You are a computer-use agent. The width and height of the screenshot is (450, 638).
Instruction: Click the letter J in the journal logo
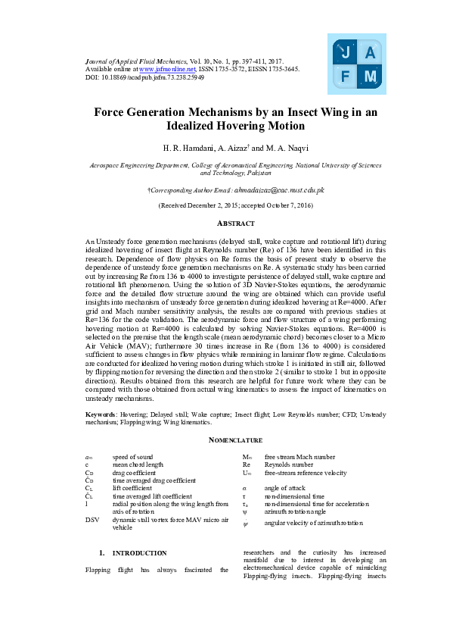click(346, 53)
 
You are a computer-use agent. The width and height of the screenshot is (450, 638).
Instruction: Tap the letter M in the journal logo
click(369, 77)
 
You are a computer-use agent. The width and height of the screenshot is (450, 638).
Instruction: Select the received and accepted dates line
click(225, 205)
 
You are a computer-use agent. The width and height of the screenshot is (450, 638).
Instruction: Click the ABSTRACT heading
click(225, 224)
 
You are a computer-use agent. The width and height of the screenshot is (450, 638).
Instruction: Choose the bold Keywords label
click(101, 414)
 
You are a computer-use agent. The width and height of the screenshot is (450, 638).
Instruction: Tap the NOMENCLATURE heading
click(225, 440)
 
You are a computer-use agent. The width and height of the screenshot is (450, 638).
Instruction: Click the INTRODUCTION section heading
click(140, 553)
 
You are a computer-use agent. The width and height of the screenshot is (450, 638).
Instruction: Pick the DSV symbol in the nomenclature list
click(92, 519)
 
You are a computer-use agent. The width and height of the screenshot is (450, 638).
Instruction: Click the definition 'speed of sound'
click(132, 458)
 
